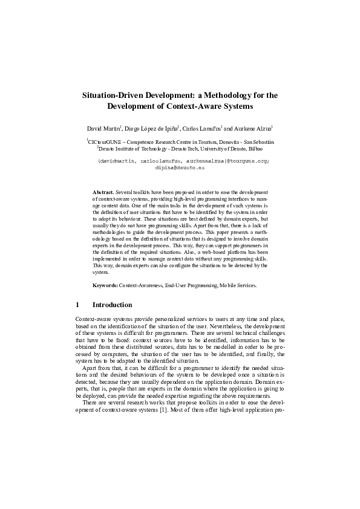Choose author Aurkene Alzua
click(253, 129)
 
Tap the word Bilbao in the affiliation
click(264, 147)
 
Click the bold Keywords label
click(105, 285)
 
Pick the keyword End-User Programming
click(190, 285)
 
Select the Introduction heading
click(112, 305)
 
